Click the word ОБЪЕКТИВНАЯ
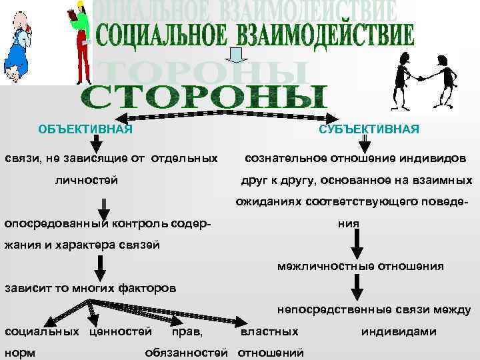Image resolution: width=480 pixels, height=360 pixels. [85, 129]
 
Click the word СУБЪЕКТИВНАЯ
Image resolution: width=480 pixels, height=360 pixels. [369, 129]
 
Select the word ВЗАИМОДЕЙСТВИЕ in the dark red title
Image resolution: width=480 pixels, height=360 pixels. [319, 35]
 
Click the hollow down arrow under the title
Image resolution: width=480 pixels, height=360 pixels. [235, 56]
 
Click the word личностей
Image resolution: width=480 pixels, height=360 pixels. [87, 180]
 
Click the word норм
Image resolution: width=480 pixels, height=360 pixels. [21, 351]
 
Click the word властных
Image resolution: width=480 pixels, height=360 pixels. [269, 331]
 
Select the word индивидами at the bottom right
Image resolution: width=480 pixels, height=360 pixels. [399, 331]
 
